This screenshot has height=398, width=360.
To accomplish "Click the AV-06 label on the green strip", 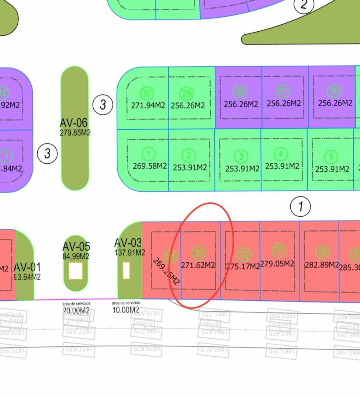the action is point(74,122).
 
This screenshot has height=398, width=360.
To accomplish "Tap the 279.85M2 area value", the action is point(75,132).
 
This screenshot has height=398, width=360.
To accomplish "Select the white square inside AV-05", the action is point(76,271).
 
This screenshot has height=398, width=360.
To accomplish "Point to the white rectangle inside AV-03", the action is point(126,270).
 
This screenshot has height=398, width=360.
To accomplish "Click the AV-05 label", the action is point(76,246).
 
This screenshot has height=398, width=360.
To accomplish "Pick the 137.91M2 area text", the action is point(129,252).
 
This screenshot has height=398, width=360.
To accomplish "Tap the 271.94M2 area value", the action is point(148,105).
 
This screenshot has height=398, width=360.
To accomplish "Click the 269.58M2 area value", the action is point(150,166).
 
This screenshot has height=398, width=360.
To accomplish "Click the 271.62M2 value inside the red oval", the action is point(198,265).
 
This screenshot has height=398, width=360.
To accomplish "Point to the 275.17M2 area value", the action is point(243,266).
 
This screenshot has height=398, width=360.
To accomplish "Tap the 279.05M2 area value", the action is point(277,263).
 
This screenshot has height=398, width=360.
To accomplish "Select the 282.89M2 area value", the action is point(322,265).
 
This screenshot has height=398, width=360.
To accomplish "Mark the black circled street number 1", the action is point(301,206).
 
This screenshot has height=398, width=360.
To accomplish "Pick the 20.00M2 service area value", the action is point(76,311).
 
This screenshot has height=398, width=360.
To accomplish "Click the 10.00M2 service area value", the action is point(126,310).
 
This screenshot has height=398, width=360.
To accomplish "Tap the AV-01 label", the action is point(27,267).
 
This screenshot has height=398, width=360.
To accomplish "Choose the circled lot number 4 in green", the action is point(281,154).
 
